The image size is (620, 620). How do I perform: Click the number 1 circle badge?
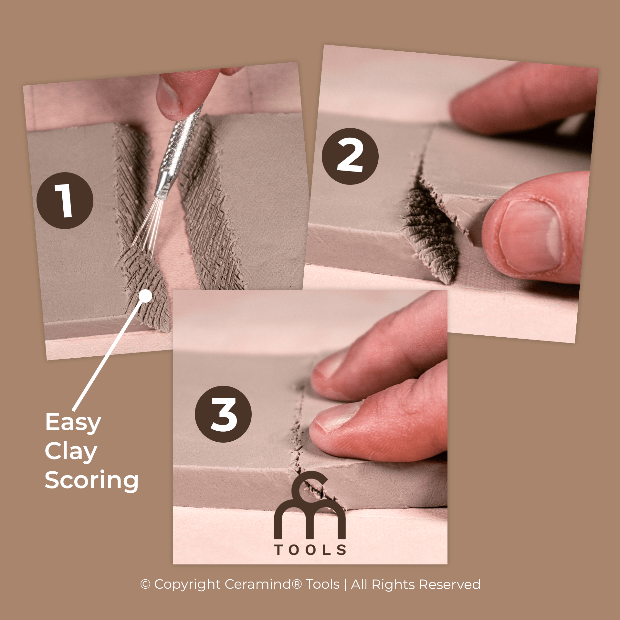click(65, 201)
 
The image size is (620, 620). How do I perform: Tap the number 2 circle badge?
click(350, 156)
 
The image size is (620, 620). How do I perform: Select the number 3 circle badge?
click(223, 414)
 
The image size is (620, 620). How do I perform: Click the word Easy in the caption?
click(73, 422)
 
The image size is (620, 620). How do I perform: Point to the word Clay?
click(71, 451)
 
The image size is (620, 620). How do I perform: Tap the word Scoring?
click(91, 480)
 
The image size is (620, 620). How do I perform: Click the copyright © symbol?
click(145, 584)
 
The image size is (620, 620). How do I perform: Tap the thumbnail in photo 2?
click(530, 236)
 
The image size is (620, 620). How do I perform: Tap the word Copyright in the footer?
click(187, 584)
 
